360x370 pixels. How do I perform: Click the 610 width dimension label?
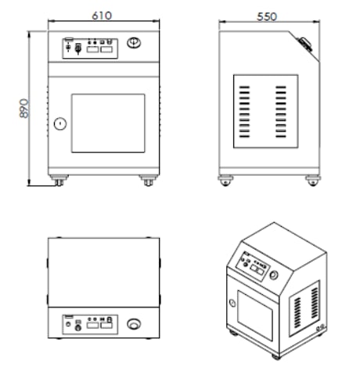pyautogui.click(x=102, y=16)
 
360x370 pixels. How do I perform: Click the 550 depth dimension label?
pyautogui.click(x=267, y=17)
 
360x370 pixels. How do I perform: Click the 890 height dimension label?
pyautogui.click(x=24, y=108)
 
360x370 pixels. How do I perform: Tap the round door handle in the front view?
pyautogui.click(x=60, y=124)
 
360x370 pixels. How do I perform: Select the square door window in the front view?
pyautogui.click(x=108, y=124)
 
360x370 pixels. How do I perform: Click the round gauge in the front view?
pyautogui.click(x=134, y=42)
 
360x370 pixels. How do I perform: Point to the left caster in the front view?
pyautogui.click(x=59, y=181)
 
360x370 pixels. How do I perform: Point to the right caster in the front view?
pyautogui.click(x=149, y=181)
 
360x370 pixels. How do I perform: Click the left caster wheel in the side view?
pyautogui.click(x=225, y=181)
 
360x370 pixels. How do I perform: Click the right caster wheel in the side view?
pyautogui.click(x=313, y=181)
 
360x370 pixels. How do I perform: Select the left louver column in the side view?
pyautogui.click(x=244, y=112)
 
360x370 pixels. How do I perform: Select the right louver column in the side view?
pyautogui.click(x=281, y=112)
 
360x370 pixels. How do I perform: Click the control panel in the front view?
pyautogui.click(x=90, y=48)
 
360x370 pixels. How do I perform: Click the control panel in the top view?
pyautogui.click(x=90, y=325)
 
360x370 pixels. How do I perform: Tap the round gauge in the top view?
pyautogui.click(x=134, y=324)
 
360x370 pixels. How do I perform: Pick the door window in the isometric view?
pyautogui.click(x=255, y=316)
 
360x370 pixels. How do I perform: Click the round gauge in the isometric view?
pyautogui.click(x=273, y=275)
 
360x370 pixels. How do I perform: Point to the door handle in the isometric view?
pyautogui.click(x=232, y=303)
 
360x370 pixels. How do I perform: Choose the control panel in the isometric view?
pyautogui.click(x=252, y=267)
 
